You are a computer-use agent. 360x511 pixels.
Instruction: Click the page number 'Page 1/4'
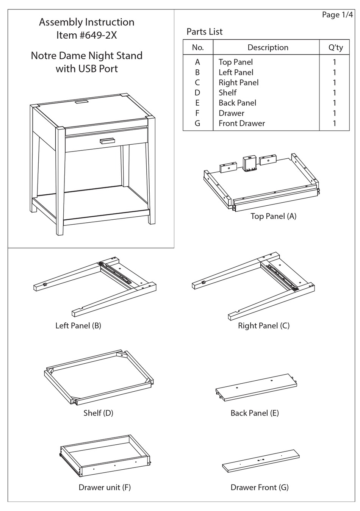coord(337,15)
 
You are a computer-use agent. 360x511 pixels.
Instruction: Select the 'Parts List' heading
coord(204,32)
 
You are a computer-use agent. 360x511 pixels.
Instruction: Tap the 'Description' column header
coord(268,47)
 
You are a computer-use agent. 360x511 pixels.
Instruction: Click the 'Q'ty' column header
coord(335,47)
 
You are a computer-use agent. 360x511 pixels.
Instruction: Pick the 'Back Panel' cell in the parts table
coord(237,103)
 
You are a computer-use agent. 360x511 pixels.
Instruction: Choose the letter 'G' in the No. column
coord(197,123)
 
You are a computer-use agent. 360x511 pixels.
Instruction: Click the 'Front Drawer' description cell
coord(241,123)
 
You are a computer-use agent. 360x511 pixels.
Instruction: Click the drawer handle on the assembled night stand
coord(107,141)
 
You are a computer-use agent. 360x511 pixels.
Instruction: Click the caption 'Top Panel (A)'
coord(273,216)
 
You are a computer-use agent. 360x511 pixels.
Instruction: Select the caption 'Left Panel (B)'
coord(78,326)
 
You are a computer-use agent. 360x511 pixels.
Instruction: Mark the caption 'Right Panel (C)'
coord(263,326)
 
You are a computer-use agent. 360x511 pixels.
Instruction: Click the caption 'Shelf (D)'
coord(98,413)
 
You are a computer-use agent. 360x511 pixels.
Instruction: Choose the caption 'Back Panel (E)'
coord(254,413)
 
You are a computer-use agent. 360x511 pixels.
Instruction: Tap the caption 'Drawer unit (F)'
coord(105,488)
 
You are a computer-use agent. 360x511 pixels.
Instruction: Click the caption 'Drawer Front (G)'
coord(259,488)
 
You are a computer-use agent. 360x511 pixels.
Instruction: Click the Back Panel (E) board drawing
coord(255,387)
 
